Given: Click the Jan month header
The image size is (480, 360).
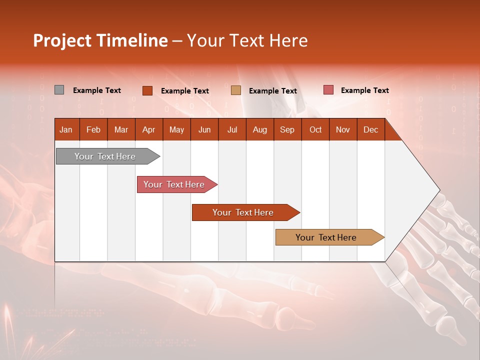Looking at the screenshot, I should click(x=66, y=129).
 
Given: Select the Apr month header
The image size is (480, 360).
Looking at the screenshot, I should click(x=148, y=129).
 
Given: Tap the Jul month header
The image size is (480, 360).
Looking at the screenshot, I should click(x=232, y=129).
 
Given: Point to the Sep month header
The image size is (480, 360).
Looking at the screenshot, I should click(x=287, y=129).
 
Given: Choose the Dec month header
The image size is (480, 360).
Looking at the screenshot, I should click(x=370, y=129).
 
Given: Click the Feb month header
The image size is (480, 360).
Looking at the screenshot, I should click(x=93, y=129).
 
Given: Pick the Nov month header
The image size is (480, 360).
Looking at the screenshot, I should click(x=342, y=129).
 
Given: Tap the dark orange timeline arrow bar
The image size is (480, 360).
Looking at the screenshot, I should click(x=243, y=212).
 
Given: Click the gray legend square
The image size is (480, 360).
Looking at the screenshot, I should click(x=59, y=90).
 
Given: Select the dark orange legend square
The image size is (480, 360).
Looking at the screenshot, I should click(x=147, y=90).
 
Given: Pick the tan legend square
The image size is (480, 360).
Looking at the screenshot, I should click(x=236, y=90).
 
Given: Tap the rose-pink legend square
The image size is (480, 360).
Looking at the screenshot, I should click(x=328, y=90).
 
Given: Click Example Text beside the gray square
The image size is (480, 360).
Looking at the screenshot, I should click(x=97, y=90).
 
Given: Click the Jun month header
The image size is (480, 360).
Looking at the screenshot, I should click(x=204, y=129).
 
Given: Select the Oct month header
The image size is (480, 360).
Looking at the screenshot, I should click(x=315, y=129).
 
